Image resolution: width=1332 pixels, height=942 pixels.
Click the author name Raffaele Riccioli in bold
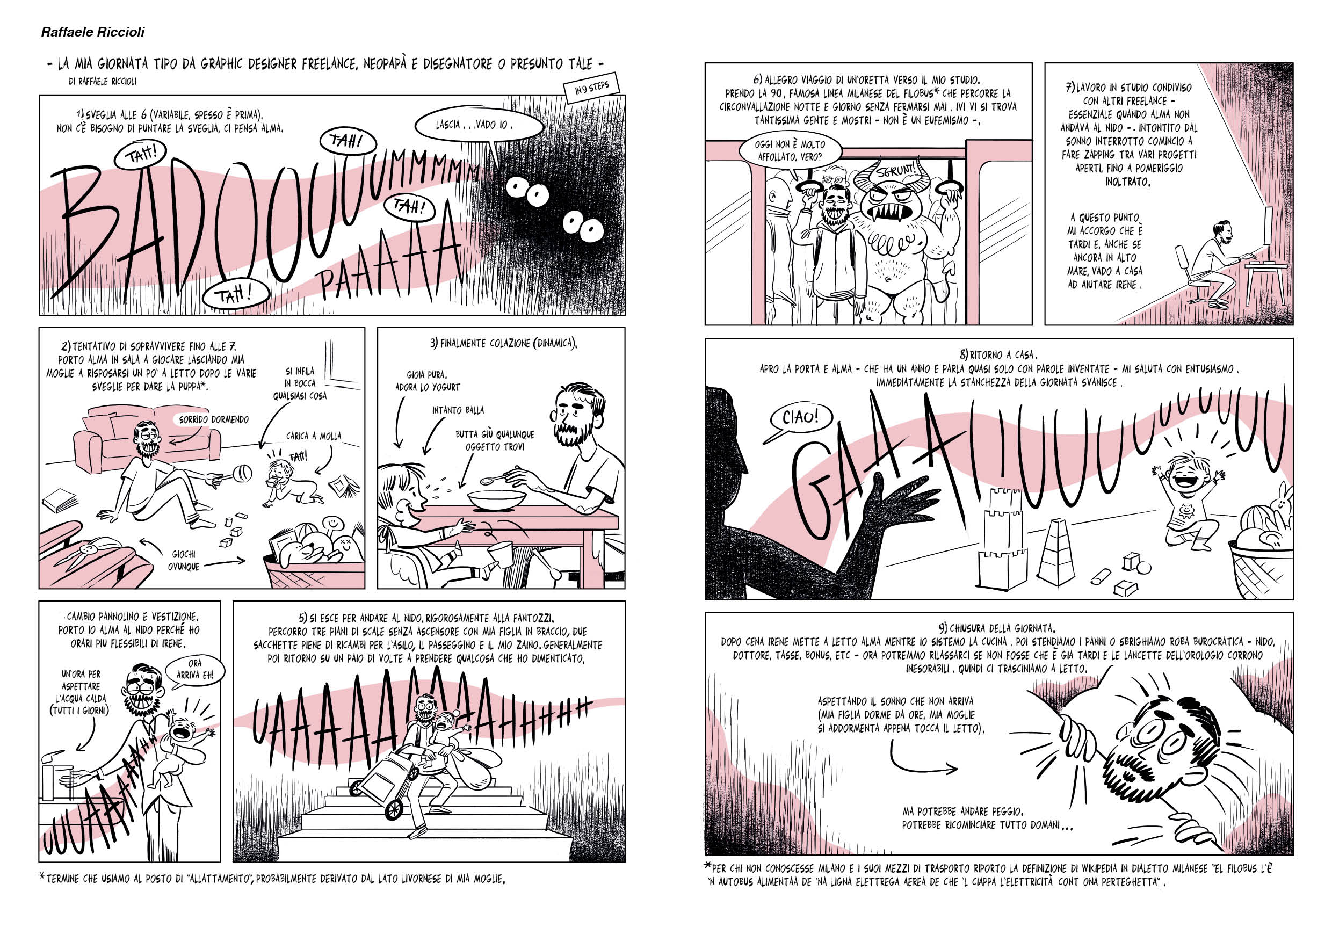coord(93,32)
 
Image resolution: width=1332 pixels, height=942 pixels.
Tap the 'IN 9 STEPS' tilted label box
coord(592,88)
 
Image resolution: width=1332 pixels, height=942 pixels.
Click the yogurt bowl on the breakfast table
coord(497,500)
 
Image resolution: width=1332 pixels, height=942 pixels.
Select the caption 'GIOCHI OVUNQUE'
coord(184,560)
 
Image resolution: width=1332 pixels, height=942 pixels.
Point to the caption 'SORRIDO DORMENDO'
coord(213,419)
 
